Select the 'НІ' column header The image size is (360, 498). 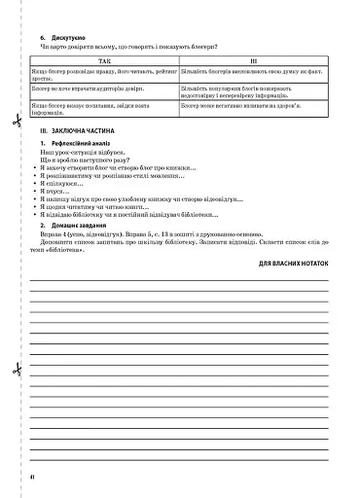[254, 60]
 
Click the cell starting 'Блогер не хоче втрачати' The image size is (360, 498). [91, 89]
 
